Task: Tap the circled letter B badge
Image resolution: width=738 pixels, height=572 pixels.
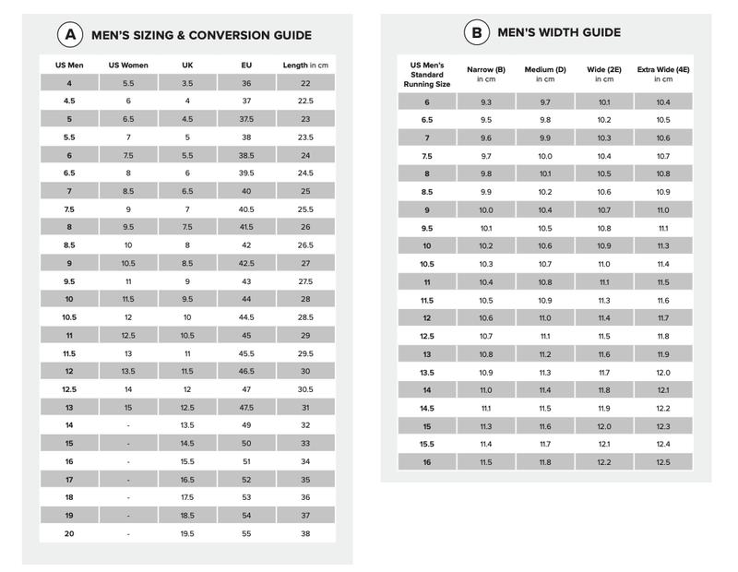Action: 476,32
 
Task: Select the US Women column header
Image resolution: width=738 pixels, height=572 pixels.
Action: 128,66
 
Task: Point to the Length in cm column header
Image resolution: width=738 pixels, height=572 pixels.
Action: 305,66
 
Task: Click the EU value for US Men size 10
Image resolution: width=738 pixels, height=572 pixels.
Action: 246,299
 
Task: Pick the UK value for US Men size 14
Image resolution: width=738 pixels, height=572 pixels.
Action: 187,425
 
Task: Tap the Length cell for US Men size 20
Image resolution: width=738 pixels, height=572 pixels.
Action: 305,533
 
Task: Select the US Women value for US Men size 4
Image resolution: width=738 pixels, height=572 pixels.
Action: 128,83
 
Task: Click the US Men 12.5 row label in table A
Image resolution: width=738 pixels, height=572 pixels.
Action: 69,389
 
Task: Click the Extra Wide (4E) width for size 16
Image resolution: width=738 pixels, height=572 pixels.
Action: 663,461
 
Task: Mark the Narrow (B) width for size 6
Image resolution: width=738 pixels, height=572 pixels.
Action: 486,102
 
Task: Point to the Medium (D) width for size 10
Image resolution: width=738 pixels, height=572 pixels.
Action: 545,246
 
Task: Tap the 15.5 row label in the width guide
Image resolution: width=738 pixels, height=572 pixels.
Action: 427,444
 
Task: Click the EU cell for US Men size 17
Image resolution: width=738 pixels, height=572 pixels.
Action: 246,480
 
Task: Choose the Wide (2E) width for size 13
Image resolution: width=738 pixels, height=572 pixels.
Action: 604,354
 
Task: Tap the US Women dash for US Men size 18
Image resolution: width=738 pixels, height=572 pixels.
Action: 128,497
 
